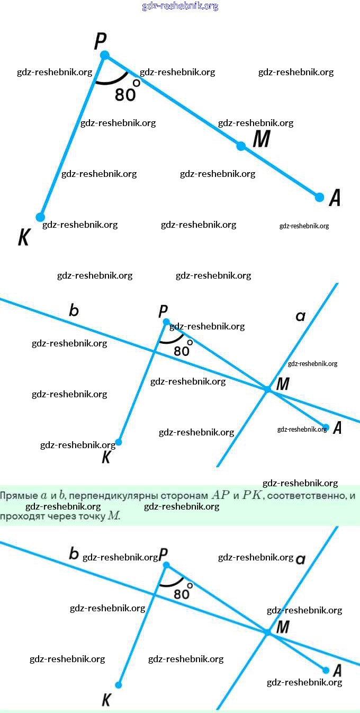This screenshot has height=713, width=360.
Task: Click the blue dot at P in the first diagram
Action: [x=105, y=55]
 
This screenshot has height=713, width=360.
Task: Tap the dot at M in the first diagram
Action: [x=241, y=146]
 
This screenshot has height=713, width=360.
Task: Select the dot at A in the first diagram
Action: [x=319, y=197]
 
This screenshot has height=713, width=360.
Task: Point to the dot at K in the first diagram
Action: [x=40, y=217]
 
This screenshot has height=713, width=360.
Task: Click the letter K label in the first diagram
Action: [x=23, y=238]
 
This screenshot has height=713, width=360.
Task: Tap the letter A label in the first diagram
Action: [x=335, y=198]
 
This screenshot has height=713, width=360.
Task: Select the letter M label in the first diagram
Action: [x=262, y=139]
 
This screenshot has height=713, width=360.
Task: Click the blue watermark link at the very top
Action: [x=180, y=6]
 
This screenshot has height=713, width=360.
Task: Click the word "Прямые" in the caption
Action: [x=19, y=496]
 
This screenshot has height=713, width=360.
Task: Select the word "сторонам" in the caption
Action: [x=181, y=496]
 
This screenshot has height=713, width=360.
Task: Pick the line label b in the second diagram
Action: [x=74, y=310]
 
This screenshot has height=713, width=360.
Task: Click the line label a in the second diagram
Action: [x=300, y=316]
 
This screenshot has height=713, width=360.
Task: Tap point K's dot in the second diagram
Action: [x=119, y=442]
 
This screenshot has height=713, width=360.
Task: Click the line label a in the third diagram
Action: [x=300, y=559]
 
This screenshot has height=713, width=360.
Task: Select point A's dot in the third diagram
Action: [x=326, y=670]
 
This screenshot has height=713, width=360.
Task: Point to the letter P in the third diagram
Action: [x=164, y=554]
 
